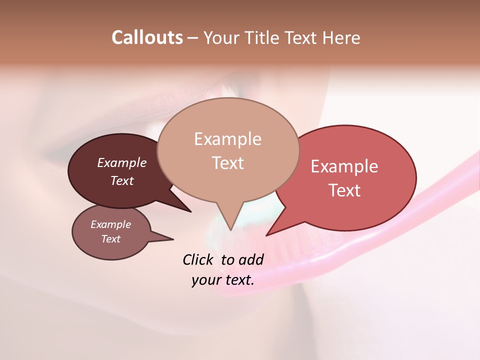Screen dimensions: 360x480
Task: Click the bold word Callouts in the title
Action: pos(147,37)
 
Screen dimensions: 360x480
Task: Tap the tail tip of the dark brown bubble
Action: pos(190,211)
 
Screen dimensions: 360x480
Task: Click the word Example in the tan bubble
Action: pos(227,139)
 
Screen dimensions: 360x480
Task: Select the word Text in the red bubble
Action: pos(344,190)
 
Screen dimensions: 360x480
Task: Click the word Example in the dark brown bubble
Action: pos(121,163)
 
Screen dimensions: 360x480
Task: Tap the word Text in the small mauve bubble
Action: pos(110,239)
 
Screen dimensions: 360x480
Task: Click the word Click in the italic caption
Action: pos(198,259)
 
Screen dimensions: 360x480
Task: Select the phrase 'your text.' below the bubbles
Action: pos(223,280)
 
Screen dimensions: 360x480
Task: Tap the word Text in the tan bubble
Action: pos(227,163)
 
